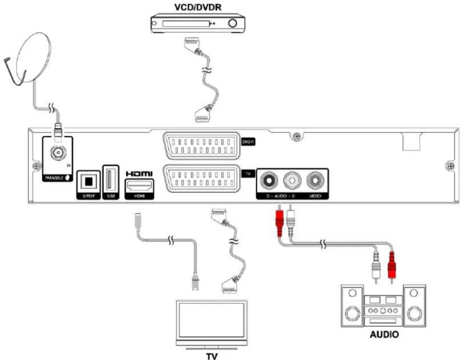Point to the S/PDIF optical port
[x=89, y=181]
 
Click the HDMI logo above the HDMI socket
[x=139, y=174]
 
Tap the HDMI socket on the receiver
[x=139, y=187]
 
